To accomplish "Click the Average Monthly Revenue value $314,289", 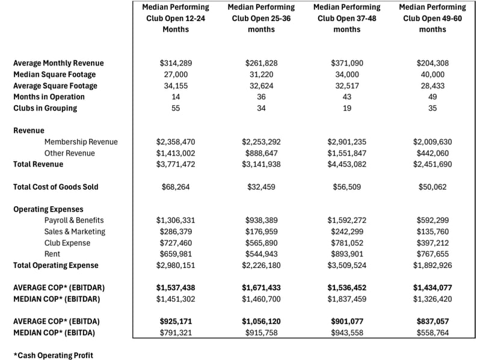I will (x=176, y=63).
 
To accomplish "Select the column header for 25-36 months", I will (x=261, y=18).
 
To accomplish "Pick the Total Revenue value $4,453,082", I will (x=346, y=164).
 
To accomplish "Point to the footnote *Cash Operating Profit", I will (x=53, y=355).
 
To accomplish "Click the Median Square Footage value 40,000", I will (x=432, y=75).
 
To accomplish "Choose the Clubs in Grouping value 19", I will (x=346, y=108).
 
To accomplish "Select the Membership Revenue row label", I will (x=81, y=142).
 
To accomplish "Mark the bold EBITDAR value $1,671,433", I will (x=261, y=288).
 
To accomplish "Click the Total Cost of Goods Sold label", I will (x=55, y=187).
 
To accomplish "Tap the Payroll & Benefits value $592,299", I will (x=432, y=221).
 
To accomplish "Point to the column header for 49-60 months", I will (x=432, y=18).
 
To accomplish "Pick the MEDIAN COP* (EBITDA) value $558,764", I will (x=432, y=332).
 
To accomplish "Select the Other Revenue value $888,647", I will (x=261, y=153).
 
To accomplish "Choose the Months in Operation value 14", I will (x=176, y=97).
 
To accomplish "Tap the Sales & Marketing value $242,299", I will (x=346, y=231).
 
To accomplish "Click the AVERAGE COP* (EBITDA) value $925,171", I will (x=176, y=322).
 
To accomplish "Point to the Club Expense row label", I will (x=67, y=243).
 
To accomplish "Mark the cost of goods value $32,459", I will (x=261, y=187).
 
